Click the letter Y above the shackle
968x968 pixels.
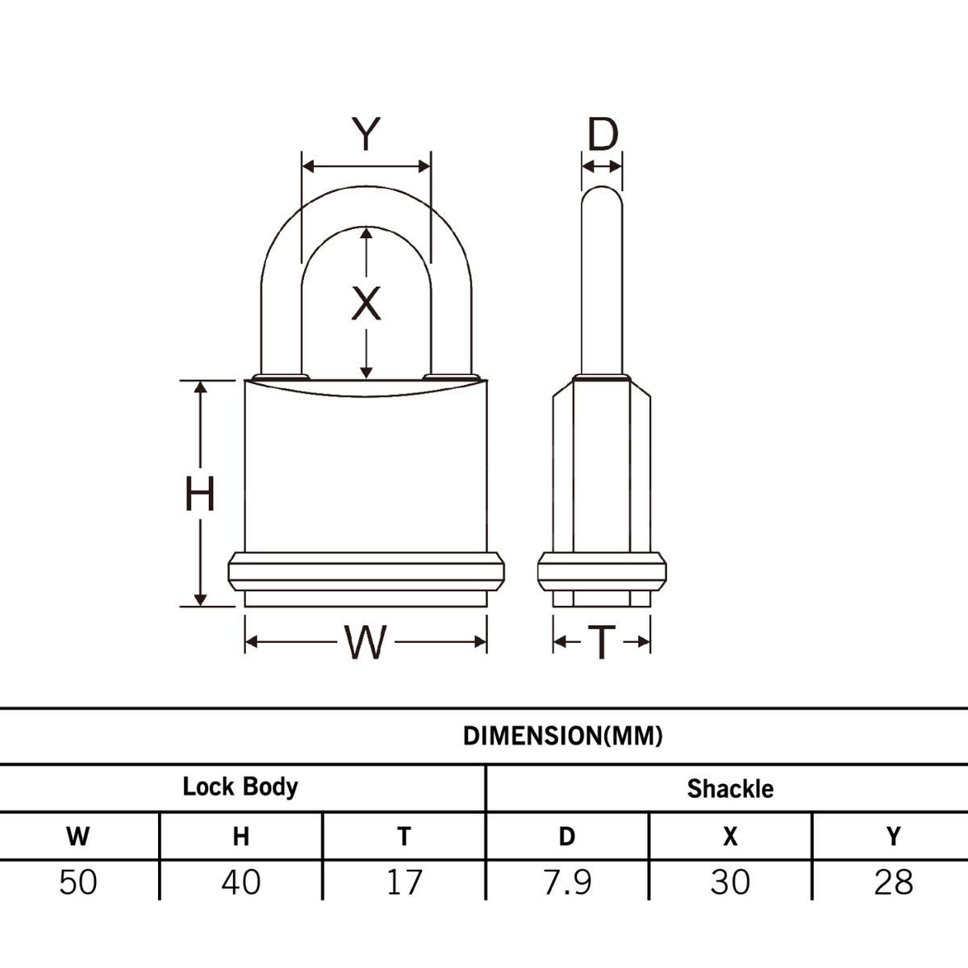[365, 134]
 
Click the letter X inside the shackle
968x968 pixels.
[366, 304]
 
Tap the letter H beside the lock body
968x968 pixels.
[200, 494]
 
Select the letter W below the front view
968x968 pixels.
[365, 642]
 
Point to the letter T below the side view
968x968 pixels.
[601, 642]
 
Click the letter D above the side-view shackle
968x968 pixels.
[602, 135]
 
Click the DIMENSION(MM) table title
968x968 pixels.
[563, 736]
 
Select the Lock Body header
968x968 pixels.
[240, 786]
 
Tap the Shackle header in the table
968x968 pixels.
[730, 788]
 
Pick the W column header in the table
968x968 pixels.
[78, 837]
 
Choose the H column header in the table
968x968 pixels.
[241, 837]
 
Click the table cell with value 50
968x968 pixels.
[78, 882]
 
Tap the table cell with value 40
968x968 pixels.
[241, 882]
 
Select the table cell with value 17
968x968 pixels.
[404, 882]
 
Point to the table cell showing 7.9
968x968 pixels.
[568, 882]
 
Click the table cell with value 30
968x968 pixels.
[730, 882]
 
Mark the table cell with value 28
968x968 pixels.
[893, 882]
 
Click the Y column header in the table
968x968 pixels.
[893, 837]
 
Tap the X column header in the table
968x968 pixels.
[730, 837]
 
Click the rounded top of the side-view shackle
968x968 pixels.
[602, 194]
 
